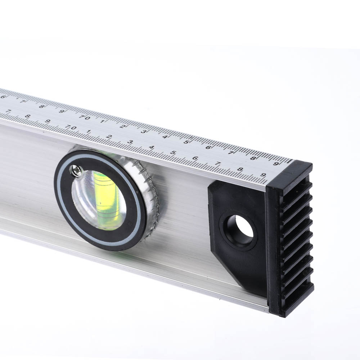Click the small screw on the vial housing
[x=77, y=170]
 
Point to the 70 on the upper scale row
[x=85, y=118]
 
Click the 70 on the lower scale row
[x=71, y=127]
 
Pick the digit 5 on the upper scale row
[x=186, y=142]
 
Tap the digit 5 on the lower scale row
[x=173, y=152]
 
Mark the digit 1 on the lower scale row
[x=89, y=131]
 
